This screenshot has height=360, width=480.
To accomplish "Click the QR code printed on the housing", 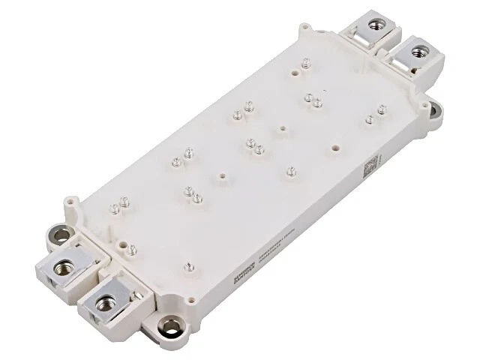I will pos(373,166).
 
